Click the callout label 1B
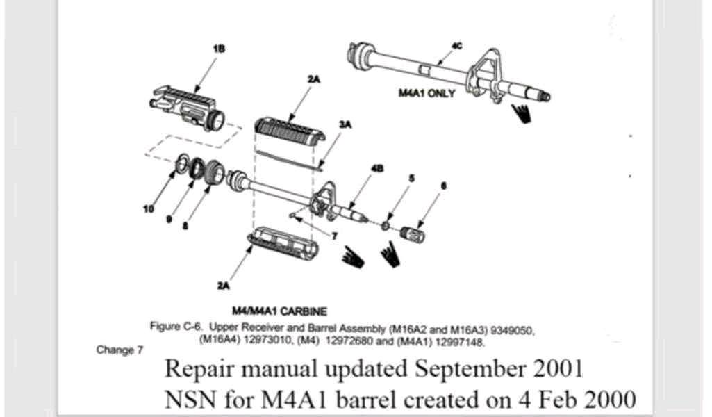click(x=220, y=49)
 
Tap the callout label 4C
click(x=457, y=46)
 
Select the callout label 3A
click(x=345, y=124)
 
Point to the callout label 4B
click(x=377, y=168)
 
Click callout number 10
click(x=149, y=208)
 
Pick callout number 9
click(x=169, y=220)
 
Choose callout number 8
click(x=185, y=225)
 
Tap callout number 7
click(x=335, y=236)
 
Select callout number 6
click(x=444, y=186)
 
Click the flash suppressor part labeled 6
click(x=413, y=234)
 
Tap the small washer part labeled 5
click(x=386, y=225)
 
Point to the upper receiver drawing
click(x=187, y=107)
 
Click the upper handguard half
click(x=290, y=132)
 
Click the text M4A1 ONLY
click(x=427, y=93)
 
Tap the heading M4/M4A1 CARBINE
click(x=279, y=311)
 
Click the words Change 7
click(x=119, y=350)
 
